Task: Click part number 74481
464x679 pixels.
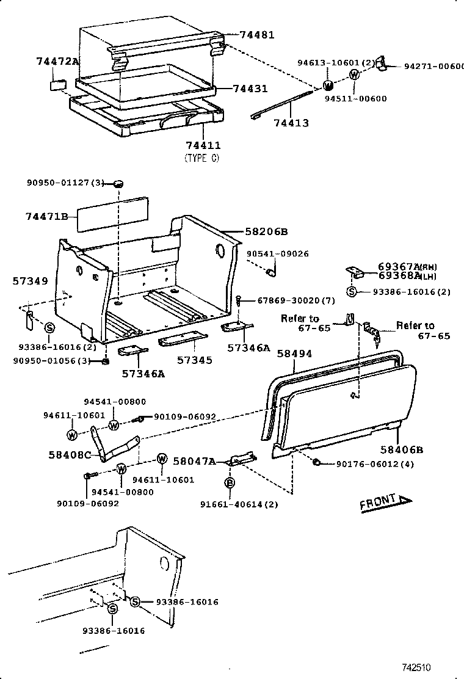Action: click(x=256, y=35)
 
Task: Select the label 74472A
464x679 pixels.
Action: click(x=57, y=61)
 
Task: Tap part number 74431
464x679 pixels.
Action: click(x=250, y=89)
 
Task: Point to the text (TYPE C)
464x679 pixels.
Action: click(x=201, y=158)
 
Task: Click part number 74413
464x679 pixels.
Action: click(x=291, y=123)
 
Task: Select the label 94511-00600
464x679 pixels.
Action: click(x=355, y=99)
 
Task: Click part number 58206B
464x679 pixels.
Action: click(x=266, y=232)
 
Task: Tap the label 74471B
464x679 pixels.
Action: click(x=45, y=217)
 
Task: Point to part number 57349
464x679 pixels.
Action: click(x=30, y=281)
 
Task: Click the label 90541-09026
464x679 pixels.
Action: click(x=278, y=253)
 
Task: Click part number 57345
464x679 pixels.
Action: click(x=195, y=360)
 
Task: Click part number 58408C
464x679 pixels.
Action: click(x=70, y=455)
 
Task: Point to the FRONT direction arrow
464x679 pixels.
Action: click(x=385, y=503)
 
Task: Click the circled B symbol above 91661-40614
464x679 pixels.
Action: click(x=230, y=483)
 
